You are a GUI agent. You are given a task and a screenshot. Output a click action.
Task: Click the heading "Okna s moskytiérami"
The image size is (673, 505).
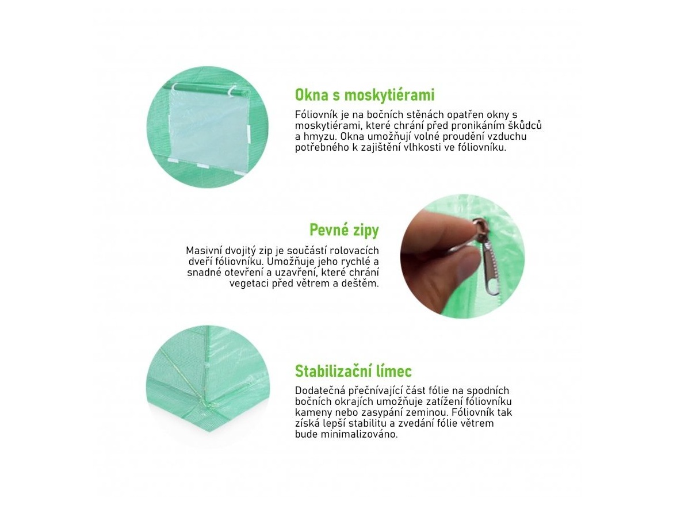(x=365, y=95)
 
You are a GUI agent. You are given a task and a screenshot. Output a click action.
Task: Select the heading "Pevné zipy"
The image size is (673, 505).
(x=344, y=230)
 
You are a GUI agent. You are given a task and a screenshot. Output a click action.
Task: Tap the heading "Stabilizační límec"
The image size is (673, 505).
(x=353, y=371)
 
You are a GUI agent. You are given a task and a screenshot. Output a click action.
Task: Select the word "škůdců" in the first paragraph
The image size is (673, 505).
(x=525, y=125)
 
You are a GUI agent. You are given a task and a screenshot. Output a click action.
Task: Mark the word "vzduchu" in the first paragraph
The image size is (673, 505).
(x=508, y=136)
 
